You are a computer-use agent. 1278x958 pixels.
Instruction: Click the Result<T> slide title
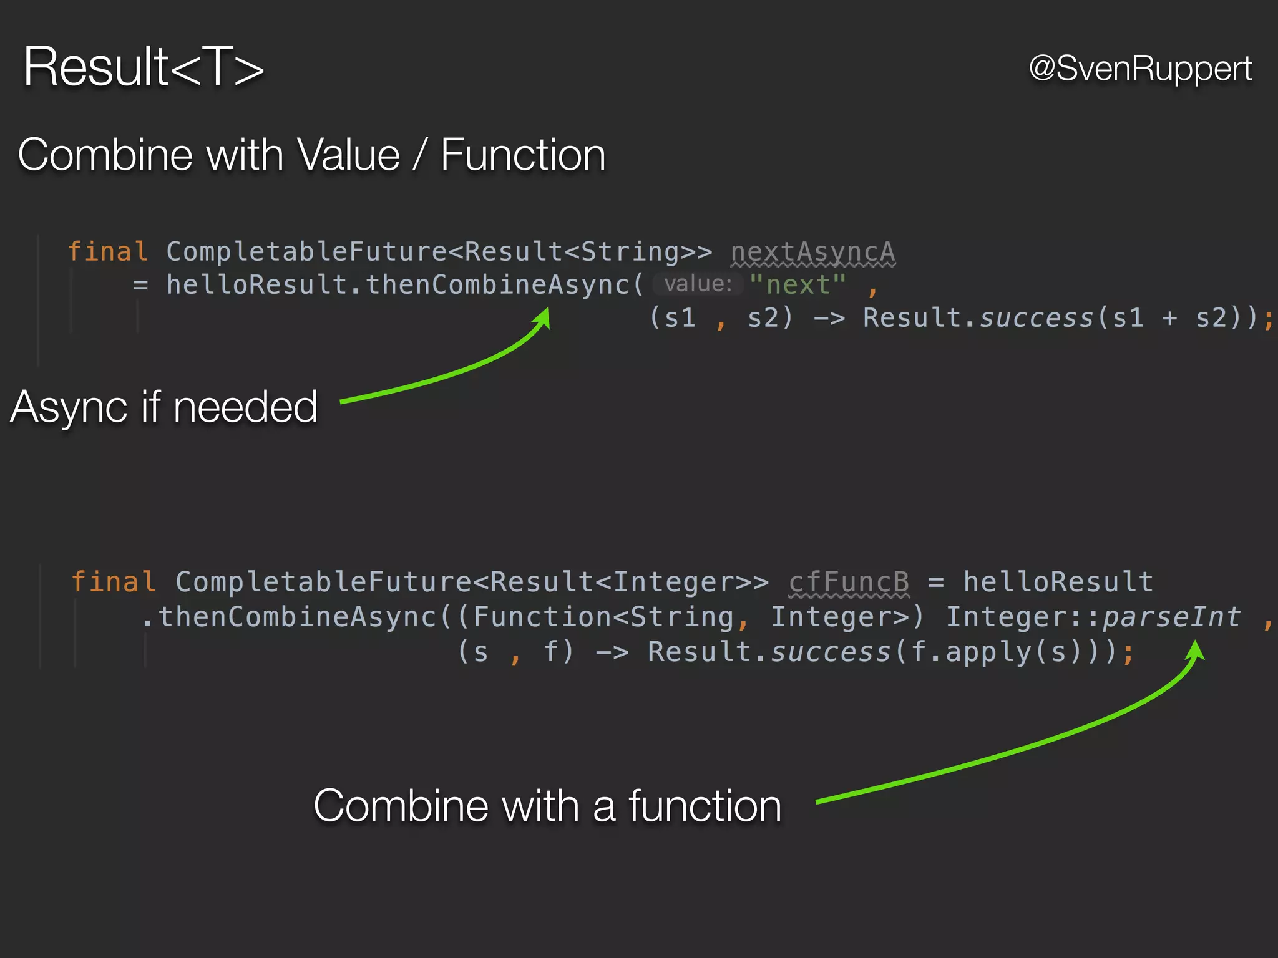[x=144, y=67]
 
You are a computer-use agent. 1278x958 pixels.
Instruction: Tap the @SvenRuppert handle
[x=1140, y=68]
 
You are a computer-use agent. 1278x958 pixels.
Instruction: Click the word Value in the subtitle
[x=348, y=155]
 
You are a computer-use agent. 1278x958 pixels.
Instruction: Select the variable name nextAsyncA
[x=812, y=252]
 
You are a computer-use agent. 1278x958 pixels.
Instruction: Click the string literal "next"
[x=798, y=285]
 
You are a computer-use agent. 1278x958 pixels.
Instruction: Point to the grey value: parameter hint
[x=698, y=284]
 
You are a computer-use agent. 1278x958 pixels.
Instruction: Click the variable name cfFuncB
[x=849, y=582]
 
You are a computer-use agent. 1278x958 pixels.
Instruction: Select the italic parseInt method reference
[x=1171, y=617]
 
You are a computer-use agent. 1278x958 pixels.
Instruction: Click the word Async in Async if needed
[x=69, y=407]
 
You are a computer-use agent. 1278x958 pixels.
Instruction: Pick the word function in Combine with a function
[x=705, y=806]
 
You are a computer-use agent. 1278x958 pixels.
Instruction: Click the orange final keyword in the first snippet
[x=107, y=252]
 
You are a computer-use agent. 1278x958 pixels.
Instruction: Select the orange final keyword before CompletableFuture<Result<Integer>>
[x=113, y=582]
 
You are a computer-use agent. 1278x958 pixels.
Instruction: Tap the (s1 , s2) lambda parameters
[x=721, y=318]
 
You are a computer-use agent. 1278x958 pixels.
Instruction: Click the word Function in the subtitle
[x=523, y=155]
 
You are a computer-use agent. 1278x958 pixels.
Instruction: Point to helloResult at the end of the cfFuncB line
[x=1058, y=582]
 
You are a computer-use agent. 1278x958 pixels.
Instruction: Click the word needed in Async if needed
[x=245, y=407]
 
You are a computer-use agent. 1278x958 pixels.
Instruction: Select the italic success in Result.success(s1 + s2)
[x=1037, y=318]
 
